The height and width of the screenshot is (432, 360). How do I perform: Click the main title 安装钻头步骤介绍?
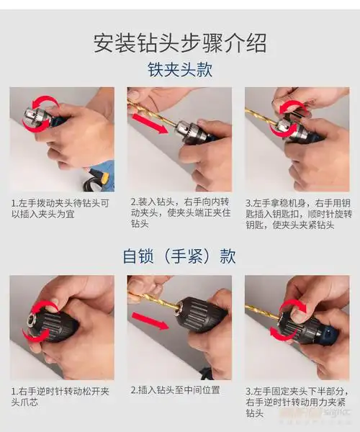(x=180, y=42)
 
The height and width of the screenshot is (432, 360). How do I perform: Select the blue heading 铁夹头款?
(x=180, y=71)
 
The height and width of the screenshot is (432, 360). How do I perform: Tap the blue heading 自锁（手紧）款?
(x=180, y=256)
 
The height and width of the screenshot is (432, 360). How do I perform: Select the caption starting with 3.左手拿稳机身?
(x=297, y=214)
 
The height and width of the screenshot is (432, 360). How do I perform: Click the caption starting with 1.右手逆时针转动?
(x=60, y=397)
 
